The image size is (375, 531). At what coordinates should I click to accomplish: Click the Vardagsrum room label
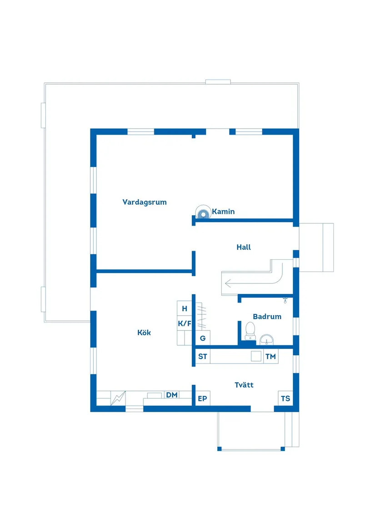[144, 202]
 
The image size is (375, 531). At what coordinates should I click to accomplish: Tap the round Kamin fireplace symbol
[202, 211]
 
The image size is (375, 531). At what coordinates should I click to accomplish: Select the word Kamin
[223, 212]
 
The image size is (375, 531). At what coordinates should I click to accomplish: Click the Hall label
[244, 248]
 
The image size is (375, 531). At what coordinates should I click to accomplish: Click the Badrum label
[267, 317]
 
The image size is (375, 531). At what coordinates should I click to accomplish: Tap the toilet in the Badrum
[250, 330]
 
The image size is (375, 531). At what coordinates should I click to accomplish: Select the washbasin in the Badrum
[267, 339]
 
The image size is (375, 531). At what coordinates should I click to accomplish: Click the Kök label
[144, 333]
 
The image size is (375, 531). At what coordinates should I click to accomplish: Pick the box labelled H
[184, 308]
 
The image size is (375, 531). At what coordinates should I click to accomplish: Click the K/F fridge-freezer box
[184, 323]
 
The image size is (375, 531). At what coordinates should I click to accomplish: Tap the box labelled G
[203, 338]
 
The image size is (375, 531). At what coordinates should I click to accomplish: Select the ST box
[203, 357]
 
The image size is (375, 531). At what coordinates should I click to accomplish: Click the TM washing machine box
[270, 357]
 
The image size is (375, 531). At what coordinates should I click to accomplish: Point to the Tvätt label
[244, 385]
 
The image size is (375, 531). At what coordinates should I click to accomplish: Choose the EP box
[202, 399]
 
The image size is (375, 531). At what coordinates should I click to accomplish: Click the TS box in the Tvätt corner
[285, 399]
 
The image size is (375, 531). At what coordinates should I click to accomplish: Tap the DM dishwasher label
[172, 395]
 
